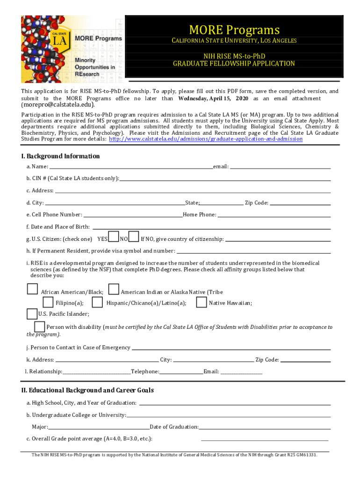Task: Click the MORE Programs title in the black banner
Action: click(x=234, y=30)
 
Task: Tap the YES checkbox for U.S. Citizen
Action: click(x=113, y=237)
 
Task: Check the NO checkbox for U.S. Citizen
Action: click(x=134, y=237)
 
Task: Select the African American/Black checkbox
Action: click(x=32, y=290)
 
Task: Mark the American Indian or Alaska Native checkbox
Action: click(x=113, y=290)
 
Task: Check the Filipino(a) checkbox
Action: click(x=48, y=302)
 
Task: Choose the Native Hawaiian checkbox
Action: click(x=202, y=302)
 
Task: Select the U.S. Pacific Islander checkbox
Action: click(x=32, y=313)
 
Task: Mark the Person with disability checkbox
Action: click(x=40, y=326)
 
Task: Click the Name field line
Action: click(x=131, y=167)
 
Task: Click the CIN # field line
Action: click(x=224, y=179)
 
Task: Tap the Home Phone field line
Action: click(x=274, y=216)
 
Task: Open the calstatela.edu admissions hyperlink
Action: click(x=206, y=139)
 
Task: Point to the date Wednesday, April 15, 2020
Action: click(x=213, y=99)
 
